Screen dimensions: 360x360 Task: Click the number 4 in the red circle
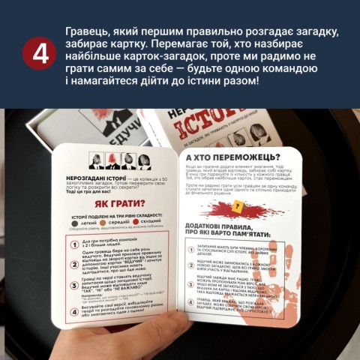click(x=34, y=55)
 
